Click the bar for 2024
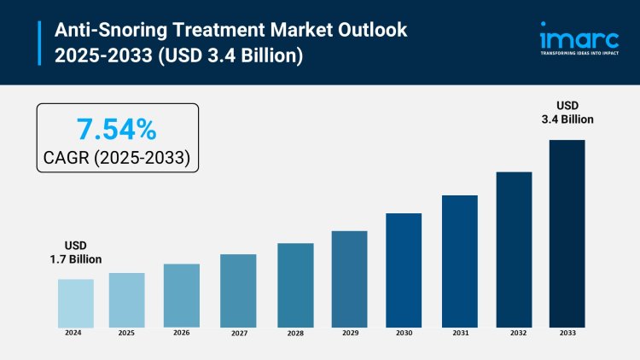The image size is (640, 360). point(75,303)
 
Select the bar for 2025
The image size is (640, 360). point(126,300)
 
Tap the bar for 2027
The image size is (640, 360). point(238,291)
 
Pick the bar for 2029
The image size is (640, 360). point(349,279)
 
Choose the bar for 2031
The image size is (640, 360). point(459,261)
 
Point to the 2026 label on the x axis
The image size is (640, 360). point(182,333)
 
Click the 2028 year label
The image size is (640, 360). point(294,334)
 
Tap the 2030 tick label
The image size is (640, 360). point(404,334)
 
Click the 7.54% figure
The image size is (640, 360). point(117,130)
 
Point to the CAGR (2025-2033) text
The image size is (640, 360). point(117,158)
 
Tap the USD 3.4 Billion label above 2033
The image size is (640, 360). point(567,113)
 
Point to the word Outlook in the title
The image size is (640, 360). point(362,31)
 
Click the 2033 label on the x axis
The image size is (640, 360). point(567,334)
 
